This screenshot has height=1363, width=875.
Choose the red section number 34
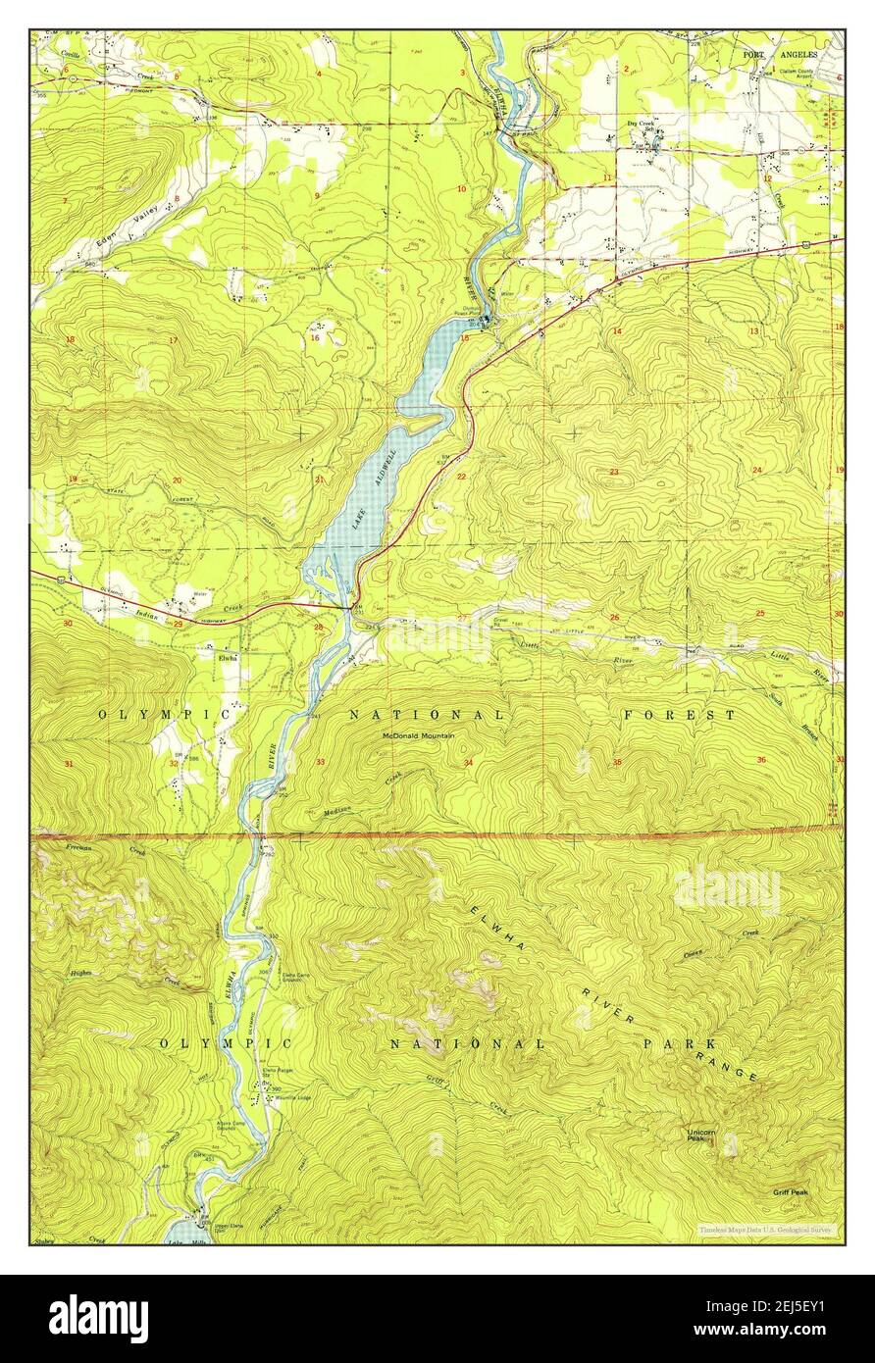[469, 762]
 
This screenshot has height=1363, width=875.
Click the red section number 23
[614, 473]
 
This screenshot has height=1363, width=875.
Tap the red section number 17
[173, 340]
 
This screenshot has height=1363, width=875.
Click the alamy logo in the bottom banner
[98, 1318]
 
